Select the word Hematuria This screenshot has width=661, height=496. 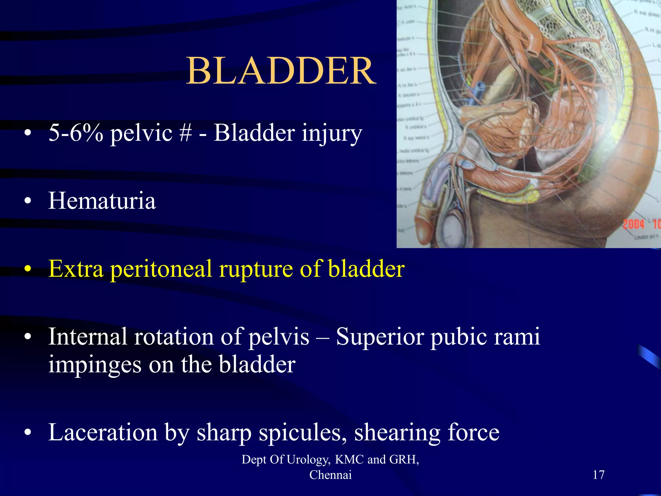102,201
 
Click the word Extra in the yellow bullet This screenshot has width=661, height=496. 76,269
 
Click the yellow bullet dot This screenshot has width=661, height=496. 28,269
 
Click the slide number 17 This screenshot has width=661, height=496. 598,475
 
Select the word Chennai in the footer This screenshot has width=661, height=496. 330,475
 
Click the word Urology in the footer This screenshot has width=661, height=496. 308,460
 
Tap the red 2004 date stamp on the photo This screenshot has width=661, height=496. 633,224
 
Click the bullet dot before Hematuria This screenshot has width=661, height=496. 28,201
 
